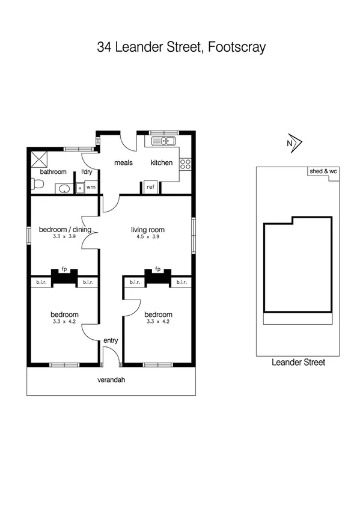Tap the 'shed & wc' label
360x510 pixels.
pos(323,172)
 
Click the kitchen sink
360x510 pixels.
pos(163,141)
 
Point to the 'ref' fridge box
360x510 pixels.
pos(151,187)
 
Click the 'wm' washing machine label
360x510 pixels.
pos(91,188)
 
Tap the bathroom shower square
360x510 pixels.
pos(40,158)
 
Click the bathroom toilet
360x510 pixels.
pos(37,186)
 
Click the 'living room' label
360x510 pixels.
pos(148,229)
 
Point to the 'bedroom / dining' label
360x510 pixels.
pos(65,229)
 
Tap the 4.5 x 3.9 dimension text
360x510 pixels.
pos(148,237)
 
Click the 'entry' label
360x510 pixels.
pos(111,340)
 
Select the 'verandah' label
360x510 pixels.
pos(111,380)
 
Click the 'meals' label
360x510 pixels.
pos(124,162)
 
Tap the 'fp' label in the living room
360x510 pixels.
pos(158,269)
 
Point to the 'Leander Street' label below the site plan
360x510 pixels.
pos(298,362)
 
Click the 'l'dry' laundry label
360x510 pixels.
pos(87,172)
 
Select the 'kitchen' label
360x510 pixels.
pos(161,162)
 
